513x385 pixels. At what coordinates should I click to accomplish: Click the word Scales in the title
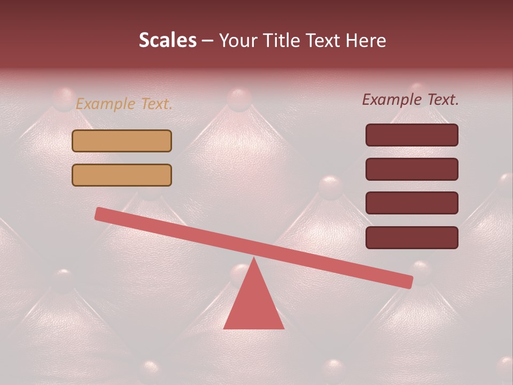pyautogui.click(x=167, y=41)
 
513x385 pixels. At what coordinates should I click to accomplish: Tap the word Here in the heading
pyautogui.click(x=366, y=41)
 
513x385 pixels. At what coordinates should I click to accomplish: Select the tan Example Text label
pyautogui.click(x=124, y=104)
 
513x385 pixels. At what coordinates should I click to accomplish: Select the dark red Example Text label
pyautogui.click(x=410, y=99)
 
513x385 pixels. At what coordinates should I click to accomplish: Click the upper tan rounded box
pyautogui.click(x=122, y=141)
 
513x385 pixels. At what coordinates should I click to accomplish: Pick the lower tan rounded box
pyautogui.click(x=122, y=175)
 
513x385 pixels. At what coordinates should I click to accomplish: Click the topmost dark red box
pyautogui.click(x=411, y=135)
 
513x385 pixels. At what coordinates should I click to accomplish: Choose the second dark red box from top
pyautogui.click(x=411, y=169)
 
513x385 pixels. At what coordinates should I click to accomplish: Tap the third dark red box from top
pyautogui.click(x=411, y=203)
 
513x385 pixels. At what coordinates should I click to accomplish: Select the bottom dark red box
pyautogui.click(x=411, y=237)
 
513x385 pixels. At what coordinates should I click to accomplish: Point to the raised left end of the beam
pyautogui.click(x=99, y=214)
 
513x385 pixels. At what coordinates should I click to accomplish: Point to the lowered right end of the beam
pyautogui.click(x=408, y=281)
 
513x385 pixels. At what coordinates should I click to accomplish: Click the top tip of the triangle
pyautogui.click(x=254, y=259)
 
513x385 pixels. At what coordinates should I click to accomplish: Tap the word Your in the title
pyautogui.click(x=238, y=41)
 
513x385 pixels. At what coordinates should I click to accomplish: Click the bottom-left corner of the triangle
pyautogui.click(x=224, y=328)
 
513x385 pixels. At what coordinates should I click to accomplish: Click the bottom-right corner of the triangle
pyautogui.click(x=283, y=328)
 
